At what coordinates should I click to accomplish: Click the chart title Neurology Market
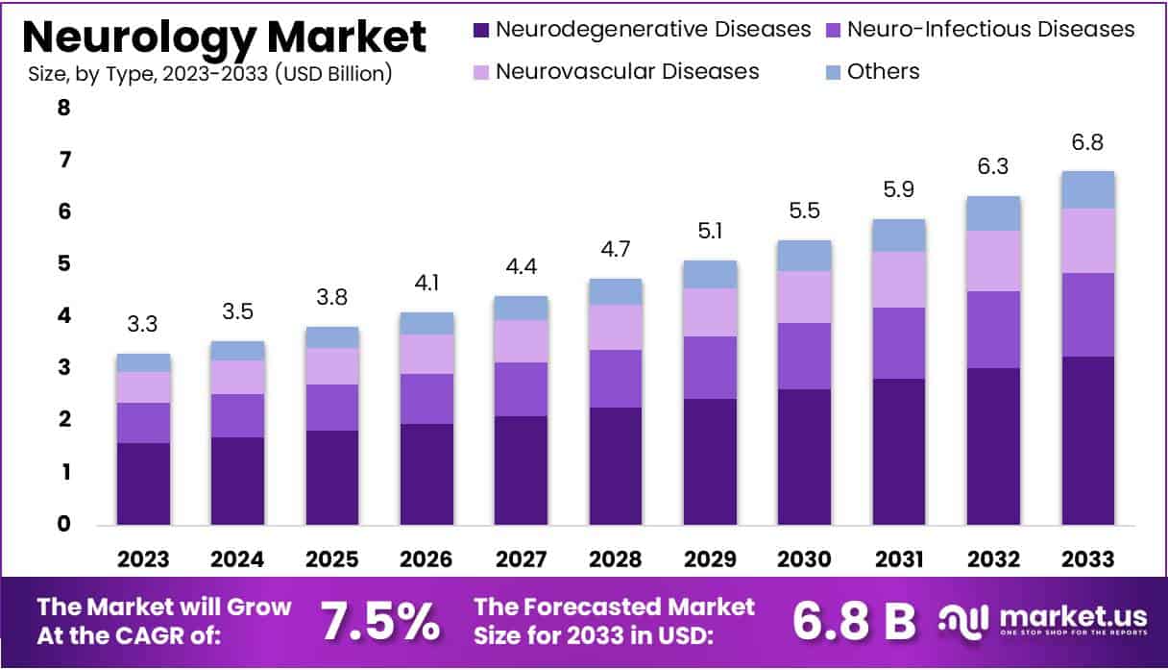[224, 37]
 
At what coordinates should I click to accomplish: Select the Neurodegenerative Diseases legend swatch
[481, 30]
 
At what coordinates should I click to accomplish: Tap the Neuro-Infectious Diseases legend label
[990, 29]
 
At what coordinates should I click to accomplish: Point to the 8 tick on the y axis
[63, 108]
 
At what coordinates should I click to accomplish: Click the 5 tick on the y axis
[63, 263]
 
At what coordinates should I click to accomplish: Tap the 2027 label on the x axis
[521, 559]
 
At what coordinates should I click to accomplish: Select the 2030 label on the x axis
[804, 559]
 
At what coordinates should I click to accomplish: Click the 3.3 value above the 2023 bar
[143, 324]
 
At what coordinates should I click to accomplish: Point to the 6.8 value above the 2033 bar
[1087, 142]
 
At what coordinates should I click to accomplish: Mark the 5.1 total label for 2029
[710, 231]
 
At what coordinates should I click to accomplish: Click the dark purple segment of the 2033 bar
[1087, 440]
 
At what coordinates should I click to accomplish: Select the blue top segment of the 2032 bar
[993, 213]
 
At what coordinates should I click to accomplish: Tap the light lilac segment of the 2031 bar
[899, 279]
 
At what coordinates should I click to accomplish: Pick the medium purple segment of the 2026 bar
[426, 398]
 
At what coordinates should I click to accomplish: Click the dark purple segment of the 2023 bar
[143, 484]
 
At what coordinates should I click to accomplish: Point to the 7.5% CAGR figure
[379, 622]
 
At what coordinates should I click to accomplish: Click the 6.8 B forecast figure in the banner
[855, 622]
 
